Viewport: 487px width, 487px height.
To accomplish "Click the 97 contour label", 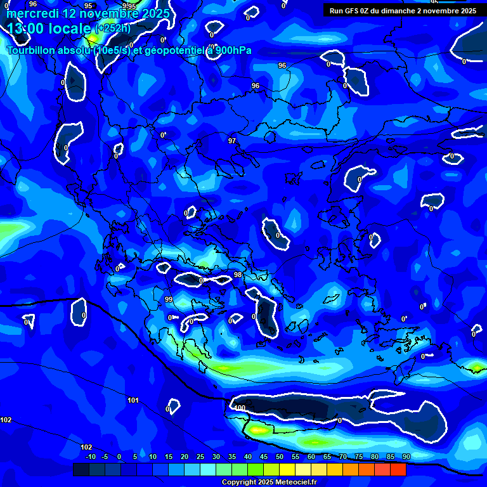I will pos(232,141).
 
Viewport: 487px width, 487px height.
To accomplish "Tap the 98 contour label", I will pos(238,275).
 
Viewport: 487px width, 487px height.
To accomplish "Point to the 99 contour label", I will pos(169,299).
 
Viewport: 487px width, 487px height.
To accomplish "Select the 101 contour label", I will pos(133,400).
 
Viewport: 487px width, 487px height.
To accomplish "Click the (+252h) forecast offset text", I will pos(113,29).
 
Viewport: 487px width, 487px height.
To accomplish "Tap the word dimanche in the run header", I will pos(400,11).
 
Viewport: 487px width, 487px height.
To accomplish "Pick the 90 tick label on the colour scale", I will pos(406,457).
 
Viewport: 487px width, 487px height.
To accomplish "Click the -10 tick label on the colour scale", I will pos(90,457).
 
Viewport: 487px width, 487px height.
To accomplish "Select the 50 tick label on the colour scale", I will pos(279,457).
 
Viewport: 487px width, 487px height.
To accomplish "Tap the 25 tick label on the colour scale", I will pos(200,457).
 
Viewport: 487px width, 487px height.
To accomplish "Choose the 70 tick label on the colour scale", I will pos(342,457).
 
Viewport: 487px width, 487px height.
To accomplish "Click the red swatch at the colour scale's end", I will pos(398,469).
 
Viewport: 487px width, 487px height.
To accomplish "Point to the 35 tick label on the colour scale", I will pos(231,457).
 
